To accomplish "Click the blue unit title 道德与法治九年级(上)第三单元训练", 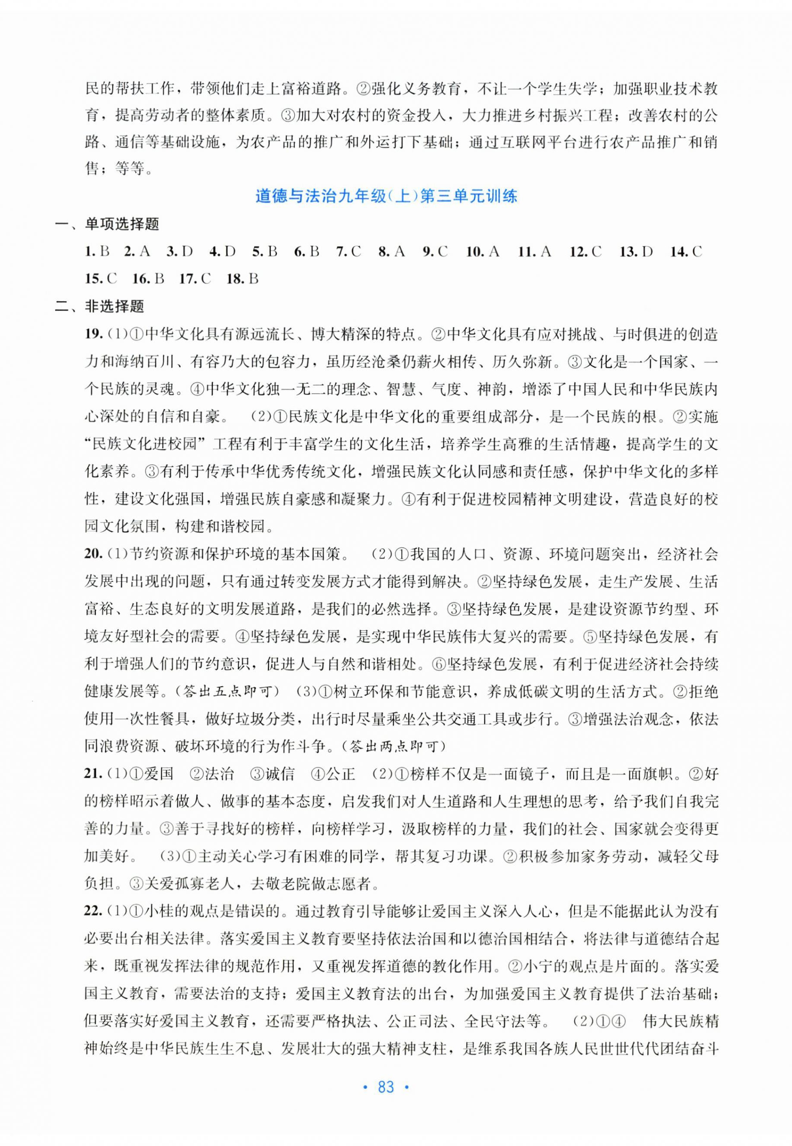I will [x=386, y=197].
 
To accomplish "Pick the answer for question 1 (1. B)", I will [x=97, y=252].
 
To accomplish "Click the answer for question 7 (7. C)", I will [x=348, y=252].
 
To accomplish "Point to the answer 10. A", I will [x=482, y=252].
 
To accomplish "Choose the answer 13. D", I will [x=636, y=252].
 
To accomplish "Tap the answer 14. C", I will [x=686, y=252].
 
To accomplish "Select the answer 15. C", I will [x=101, y=279].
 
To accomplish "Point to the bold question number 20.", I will [x=93, y=554].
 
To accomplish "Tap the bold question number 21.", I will [x=93, y=773].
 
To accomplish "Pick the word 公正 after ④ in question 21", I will [x=341, y=774].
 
